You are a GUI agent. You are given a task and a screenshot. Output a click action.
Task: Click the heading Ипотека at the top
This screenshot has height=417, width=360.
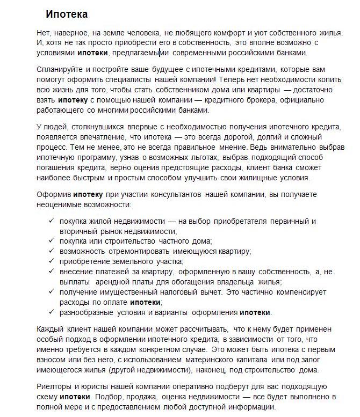(x=67, y=14)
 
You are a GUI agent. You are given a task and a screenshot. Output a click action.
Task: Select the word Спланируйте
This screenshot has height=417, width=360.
(x=60, y=70)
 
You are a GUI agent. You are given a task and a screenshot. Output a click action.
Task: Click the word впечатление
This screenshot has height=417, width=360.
(x=91, y=137)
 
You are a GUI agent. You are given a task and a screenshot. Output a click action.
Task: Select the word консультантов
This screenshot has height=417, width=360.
(x=169, y=194)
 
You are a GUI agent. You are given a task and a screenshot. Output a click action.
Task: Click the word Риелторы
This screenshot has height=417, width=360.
(x=56, y=386)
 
